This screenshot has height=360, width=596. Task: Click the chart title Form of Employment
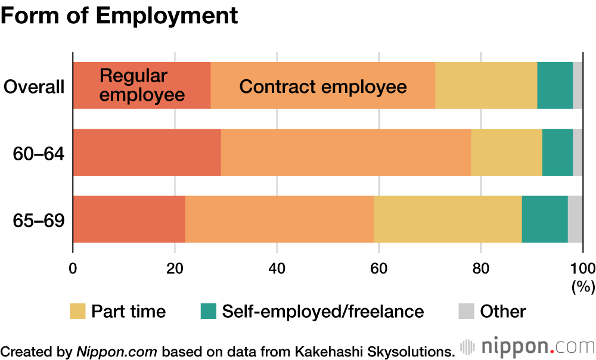point(119,16)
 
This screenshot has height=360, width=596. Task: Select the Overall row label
point(34,87)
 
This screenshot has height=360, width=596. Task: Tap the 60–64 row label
point(39,154)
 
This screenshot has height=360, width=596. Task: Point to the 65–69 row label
point(39,220)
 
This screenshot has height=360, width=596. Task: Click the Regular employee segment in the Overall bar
point(142,85)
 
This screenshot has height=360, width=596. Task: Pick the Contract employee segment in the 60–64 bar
point(346,152)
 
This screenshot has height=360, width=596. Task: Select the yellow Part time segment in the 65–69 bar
point(448,219)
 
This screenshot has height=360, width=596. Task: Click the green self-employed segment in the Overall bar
point(555,85)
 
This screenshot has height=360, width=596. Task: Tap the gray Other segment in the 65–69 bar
point(575,219)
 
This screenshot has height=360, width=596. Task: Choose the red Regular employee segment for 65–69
point(129,219)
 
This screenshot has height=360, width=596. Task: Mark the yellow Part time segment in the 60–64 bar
point(507,152)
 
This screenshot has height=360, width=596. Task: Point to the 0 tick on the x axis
point(73,267)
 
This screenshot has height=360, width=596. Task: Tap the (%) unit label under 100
point(583,287)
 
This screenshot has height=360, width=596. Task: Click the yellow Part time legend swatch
point(77,311)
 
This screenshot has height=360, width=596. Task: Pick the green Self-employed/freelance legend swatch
point(208,311)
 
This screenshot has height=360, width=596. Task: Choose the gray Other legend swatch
point(466,311)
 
